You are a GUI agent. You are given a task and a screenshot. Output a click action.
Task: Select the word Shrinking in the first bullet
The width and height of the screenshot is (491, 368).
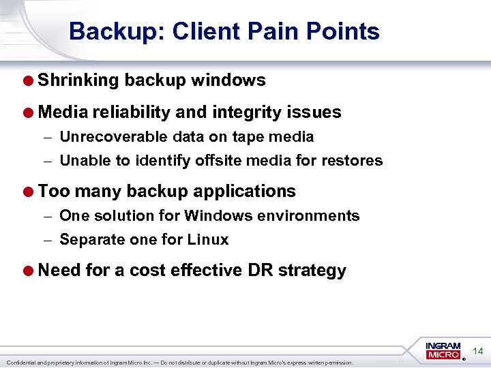click(x=78, y=80)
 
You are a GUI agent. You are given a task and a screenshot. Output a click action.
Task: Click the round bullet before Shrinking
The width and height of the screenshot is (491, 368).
click(x=29, y=80)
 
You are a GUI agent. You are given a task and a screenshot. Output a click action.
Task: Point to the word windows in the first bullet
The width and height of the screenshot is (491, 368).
click(x=228, y=80)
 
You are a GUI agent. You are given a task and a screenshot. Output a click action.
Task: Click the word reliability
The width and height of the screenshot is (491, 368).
click(x=128, y=112)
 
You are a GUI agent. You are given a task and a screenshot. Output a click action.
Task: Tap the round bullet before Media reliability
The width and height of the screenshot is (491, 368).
click(x=29, y=112)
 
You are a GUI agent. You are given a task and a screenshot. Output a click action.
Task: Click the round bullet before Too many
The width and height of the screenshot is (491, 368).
click(x=29, y=191)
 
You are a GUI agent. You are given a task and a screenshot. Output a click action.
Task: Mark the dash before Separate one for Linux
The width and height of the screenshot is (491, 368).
click(x=47, y=240)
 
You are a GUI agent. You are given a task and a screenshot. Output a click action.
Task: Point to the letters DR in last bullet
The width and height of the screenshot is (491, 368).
click(x=260, y=271)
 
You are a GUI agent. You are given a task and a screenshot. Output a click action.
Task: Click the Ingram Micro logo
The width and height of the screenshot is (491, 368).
click(x=443, y=350)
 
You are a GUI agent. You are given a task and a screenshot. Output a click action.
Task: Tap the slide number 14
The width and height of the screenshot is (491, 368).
click(x=478, y=352)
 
